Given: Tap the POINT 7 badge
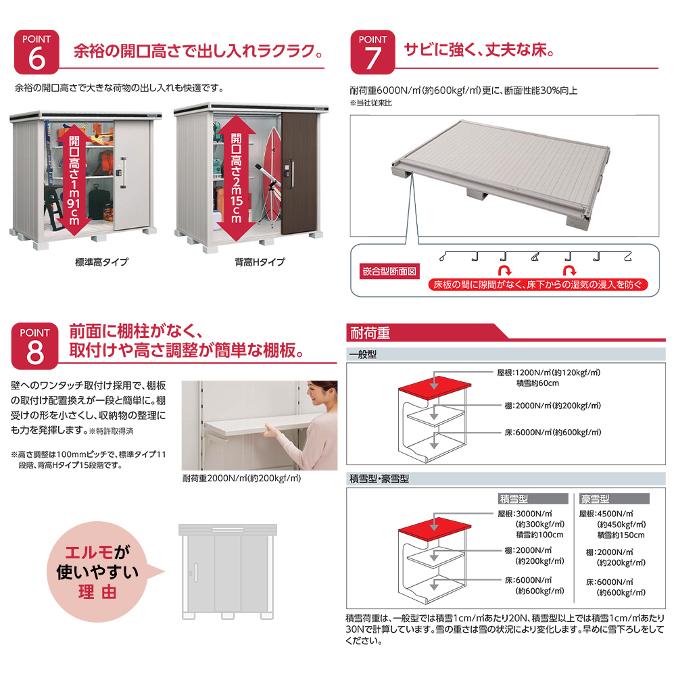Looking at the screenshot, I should pos(372,51).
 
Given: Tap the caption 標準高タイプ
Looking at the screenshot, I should pos(102,262).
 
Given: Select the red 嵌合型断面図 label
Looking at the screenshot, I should pos(391,271).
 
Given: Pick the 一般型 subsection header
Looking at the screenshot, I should pos(362,354).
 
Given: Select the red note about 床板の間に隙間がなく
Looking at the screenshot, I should pos(538,285).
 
